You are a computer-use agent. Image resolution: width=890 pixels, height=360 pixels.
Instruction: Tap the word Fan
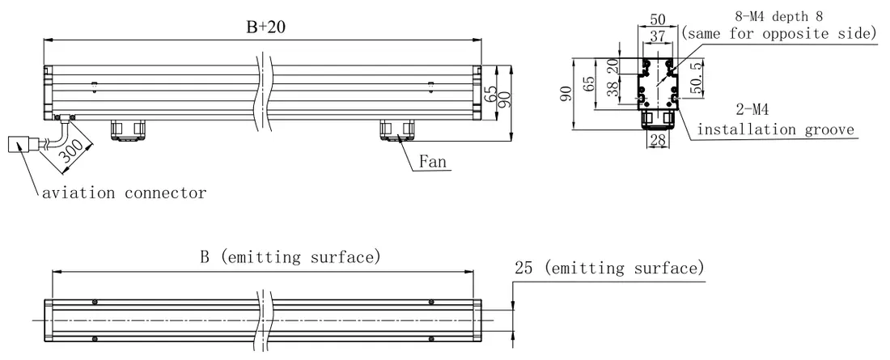(x=433, y=161)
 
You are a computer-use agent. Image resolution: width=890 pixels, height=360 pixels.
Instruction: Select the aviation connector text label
(x=125, y=193)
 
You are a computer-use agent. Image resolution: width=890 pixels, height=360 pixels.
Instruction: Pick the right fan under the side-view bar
(x=396, y=129)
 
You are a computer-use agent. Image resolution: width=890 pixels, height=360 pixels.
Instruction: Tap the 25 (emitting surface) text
(x=609, y=268)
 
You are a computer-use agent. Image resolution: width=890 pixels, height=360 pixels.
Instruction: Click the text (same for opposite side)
(x=779, y=33)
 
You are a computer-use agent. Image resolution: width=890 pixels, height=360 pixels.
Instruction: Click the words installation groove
(x=775, y=129)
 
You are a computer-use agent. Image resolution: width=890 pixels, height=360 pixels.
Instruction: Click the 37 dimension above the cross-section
(x=657, y=36)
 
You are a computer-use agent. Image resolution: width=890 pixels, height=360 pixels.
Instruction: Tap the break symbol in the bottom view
(x=265, y=320)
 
